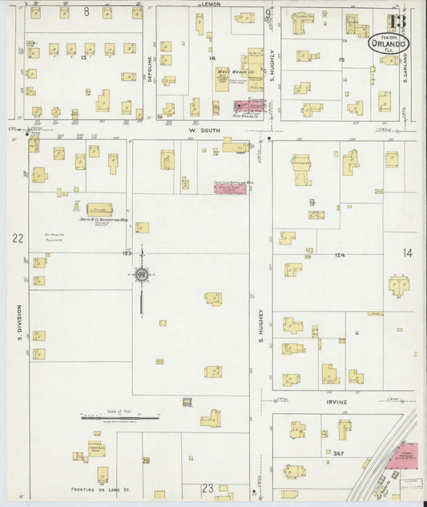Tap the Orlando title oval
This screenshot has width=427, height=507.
(x=389, y=42)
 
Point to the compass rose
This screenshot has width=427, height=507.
(x=142, y=275)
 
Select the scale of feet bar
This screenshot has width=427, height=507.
(x=119, y=417)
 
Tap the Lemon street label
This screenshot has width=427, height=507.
(x=211, y=4)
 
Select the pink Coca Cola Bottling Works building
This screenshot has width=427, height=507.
(x=230, y=186)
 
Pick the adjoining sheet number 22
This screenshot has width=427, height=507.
(x=16, y=238)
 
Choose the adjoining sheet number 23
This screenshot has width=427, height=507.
(x=207, y=487)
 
